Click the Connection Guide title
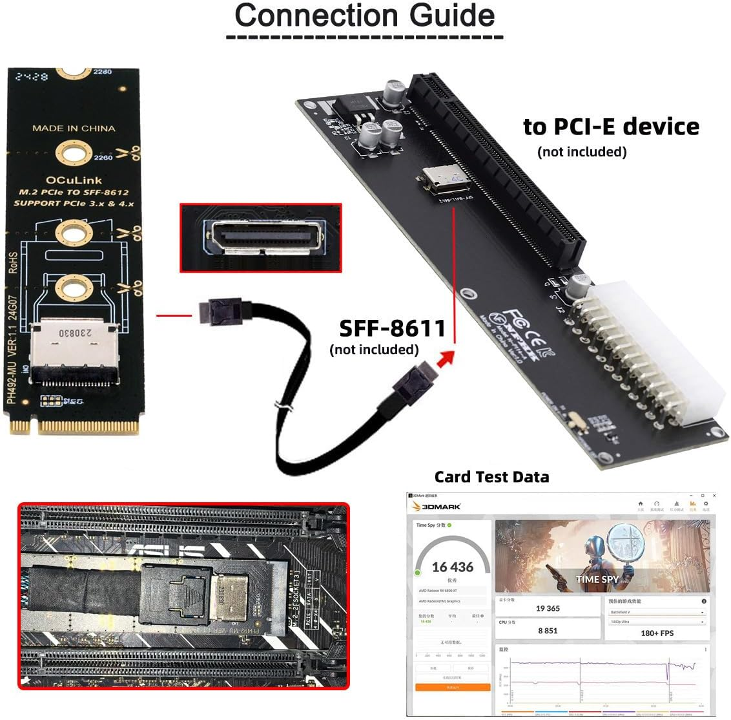365,16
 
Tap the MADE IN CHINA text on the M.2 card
74,128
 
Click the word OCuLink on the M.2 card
74,180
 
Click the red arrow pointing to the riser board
445,357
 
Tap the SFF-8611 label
392,328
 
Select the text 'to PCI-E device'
610,126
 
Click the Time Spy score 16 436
452,567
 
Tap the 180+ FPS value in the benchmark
657,633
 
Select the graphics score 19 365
548,608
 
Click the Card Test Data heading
491,477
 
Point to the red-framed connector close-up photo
260,238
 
